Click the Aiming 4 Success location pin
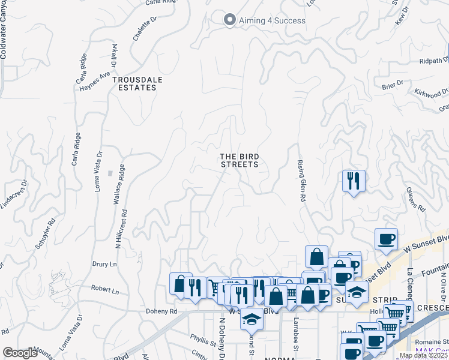[229, 20]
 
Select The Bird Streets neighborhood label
[239, 160]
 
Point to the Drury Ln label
[104, 263]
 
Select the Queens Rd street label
[415, 199]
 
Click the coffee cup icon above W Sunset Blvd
[385, 239]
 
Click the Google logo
[20, 353]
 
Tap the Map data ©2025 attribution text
[423, 355]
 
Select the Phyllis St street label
[202, 341]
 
